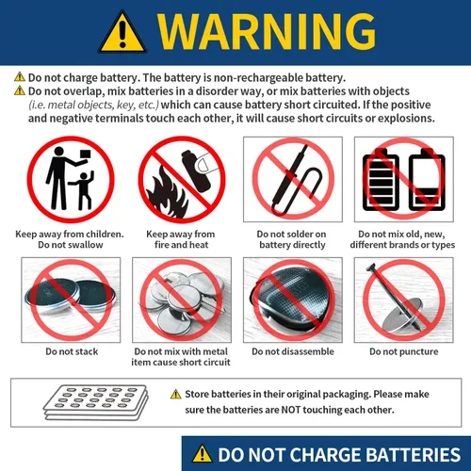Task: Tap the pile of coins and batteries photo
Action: pyautogui.click(x=180, y=300)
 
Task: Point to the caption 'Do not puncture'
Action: pyautogui.click(x=403, y=351)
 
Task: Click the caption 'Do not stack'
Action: pyautogui.click(x=72, y=351)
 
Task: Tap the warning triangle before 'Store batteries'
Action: pyautogui.click(x=175, y=395)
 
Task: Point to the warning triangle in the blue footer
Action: pyautogui.click(x=203, y=453)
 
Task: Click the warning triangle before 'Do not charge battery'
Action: pyautogui.click(x=19, y=77)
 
